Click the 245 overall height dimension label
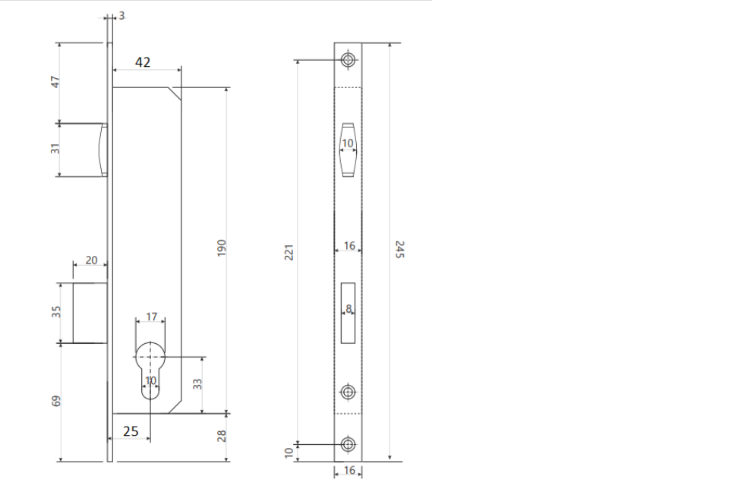tap(399, 249)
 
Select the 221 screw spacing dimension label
tap(289, 252)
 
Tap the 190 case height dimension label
tap(221, 248)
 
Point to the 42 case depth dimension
tap(143, 62)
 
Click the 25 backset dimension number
tap(131, 431)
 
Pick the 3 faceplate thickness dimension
tap(121, 15)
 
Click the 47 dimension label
tap(55, 82)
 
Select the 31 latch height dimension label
tap(55, 149)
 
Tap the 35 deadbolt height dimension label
tap(55, 311)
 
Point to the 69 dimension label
tap(55, 401)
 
